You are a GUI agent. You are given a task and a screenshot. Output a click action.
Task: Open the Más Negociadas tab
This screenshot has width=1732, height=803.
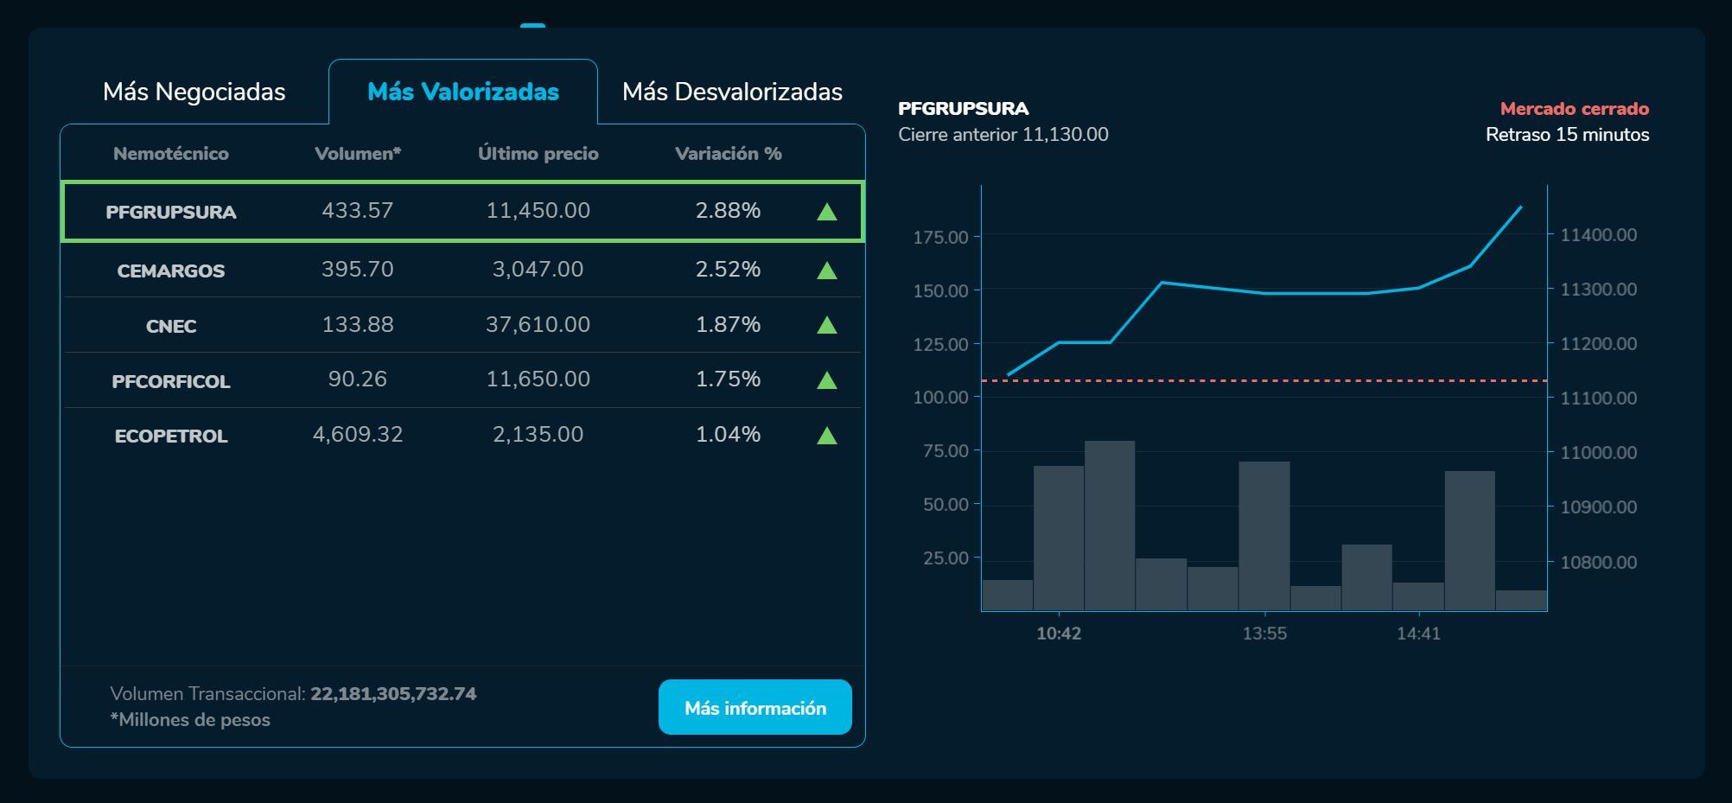(194, 92)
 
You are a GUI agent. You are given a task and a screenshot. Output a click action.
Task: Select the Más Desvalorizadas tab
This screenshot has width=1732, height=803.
(732, 92)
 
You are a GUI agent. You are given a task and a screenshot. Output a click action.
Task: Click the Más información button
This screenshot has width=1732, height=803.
(755, 708)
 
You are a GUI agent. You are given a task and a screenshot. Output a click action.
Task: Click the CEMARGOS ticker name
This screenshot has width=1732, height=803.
(171, 271)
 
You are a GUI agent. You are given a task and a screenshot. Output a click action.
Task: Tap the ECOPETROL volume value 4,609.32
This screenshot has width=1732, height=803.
(358, 434)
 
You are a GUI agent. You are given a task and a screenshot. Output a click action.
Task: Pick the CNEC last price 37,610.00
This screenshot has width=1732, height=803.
(538, 325)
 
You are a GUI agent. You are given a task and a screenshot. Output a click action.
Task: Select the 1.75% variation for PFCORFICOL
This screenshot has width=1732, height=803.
(728, 379)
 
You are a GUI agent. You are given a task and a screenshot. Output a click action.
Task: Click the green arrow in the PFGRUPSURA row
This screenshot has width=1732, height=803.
(827, 212)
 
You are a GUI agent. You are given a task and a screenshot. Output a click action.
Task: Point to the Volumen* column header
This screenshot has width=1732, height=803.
(358, 154)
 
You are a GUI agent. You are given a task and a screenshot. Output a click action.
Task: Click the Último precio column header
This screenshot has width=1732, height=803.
(538, 154)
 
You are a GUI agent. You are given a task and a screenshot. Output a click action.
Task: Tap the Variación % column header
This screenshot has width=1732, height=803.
(728, 154)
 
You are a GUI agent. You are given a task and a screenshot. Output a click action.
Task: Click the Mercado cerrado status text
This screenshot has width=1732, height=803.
(1574, 109)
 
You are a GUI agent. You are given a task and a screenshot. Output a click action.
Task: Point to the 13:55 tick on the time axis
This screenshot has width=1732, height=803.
(1264, 634)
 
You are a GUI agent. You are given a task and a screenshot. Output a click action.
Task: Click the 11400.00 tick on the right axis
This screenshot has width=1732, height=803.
(1598, 235)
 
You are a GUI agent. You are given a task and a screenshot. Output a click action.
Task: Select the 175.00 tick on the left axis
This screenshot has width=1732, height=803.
(940, 237)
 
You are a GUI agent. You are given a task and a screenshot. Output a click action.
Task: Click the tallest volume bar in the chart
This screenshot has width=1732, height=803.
(1110, 526)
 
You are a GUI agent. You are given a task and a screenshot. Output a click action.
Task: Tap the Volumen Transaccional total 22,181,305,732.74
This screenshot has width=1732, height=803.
(393, 694)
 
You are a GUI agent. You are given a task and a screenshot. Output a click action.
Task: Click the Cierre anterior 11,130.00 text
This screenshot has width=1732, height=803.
(1003, 135)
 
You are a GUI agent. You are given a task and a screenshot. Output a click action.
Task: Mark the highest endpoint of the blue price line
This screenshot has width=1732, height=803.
(1521, 207)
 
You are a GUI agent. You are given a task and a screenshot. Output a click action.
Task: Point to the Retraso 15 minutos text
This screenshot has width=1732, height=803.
(1567, 135)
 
